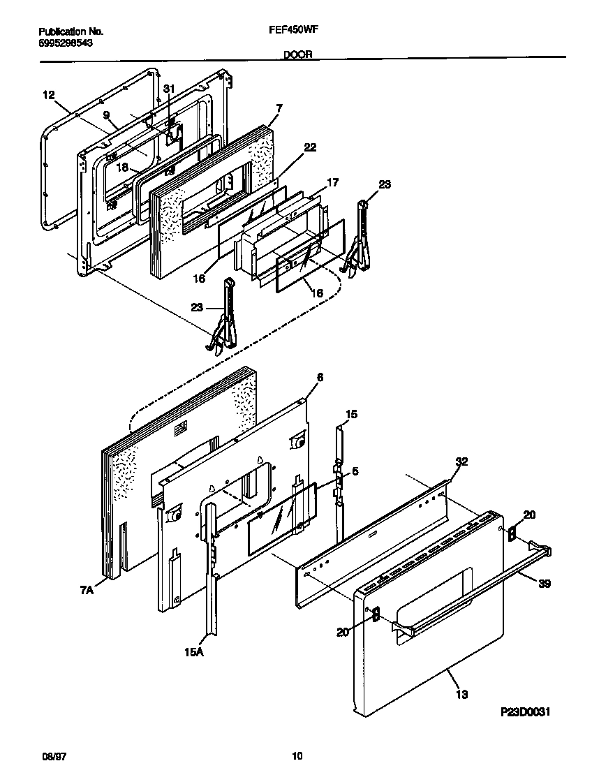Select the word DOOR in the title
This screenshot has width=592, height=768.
[298, 54]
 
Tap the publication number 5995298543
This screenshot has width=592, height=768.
[66, 43]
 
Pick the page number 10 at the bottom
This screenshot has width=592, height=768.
[297, 755]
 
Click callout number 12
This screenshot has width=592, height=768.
[48, 94]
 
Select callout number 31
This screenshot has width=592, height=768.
[168, 88]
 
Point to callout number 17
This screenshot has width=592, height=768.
[333, 182]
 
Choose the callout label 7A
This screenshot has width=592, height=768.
[85, 590]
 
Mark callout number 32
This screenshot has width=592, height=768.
[461, 461]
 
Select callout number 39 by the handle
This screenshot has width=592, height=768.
[544, 584]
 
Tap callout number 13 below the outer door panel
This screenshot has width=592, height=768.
[461, 694]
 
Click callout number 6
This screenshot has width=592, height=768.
[320, 377]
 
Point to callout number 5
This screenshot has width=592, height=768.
[355, 471]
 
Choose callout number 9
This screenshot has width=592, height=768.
[106, 115]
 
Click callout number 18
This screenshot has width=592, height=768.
[122, 168]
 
